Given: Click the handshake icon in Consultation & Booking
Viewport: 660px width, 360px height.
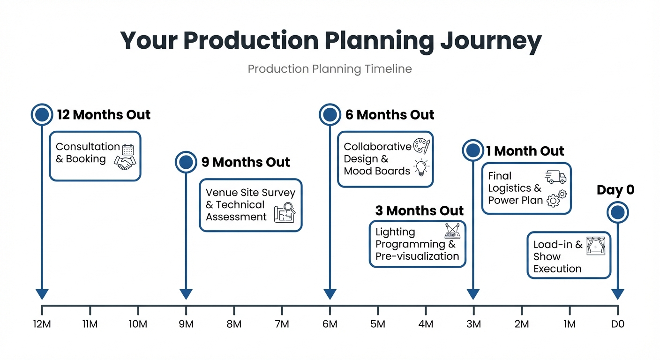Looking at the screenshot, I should coord(125,162).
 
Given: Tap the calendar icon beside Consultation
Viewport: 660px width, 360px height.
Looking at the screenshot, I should coord(128,150).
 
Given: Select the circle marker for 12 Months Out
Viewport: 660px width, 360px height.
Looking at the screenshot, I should coord(42,114).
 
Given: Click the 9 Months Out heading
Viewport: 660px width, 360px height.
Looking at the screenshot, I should coord(246,162).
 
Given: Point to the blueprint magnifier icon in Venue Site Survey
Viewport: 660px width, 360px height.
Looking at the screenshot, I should coord(285,212).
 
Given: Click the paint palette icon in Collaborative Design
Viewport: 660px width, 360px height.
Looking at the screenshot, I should coord(421,146).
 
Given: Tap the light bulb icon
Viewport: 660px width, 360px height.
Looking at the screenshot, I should coord(421,167).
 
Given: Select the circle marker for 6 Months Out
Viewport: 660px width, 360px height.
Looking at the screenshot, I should coord(330,114).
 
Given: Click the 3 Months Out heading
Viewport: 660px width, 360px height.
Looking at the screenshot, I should coord(419,210).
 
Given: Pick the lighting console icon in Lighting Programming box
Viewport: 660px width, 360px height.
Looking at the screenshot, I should coord(452,231).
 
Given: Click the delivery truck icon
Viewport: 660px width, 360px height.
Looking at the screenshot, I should coord(555,177).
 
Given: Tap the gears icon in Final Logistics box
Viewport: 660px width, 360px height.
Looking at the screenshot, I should coord(556,198).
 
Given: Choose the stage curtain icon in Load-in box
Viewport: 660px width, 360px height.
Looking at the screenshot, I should coord(596,246).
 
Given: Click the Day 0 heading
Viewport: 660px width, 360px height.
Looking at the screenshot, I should coord(615,190).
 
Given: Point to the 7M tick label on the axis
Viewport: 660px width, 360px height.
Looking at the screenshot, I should coord(282,324).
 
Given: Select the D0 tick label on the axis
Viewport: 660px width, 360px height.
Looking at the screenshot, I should coord(617,324).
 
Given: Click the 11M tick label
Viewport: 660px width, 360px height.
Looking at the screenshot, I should coord(90,324).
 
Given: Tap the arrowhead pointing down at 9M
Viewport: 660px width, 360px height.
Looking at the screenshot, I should coord(186,294).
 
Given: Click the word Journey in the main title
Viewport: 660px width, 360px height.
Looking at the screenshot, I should coord(490,41).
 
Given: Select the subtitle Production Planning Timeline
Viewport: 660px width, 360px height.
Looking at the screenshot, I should coord(330,69).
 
